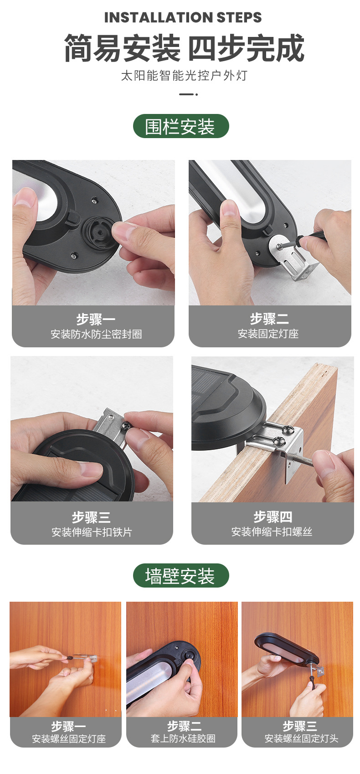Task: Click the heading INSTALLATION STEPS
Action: coord(183,17)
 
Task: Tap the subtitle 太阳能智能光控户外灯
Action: coord(184,75)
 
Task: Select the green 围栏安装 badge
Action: coord(180,126)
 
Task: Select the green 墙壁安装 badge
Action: coord(180,576)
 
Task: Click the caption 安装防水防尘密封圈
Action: coord(96,334)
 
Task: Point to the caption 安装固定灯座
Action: coord(268,334)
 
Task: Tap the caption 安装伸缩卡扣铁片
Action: coord(92,532)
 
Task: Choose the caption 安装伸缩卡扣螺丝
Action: coord(272,531)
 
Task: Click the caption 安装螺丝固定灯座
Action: coord(68,738)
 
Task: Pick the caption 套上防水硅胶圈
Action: coord(183,738)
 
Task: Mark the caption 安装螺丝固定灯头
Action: coord(301,738)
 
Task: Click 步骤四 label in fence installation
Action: coord(273,516)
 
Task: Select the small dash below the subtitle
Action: coord(188,94)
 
